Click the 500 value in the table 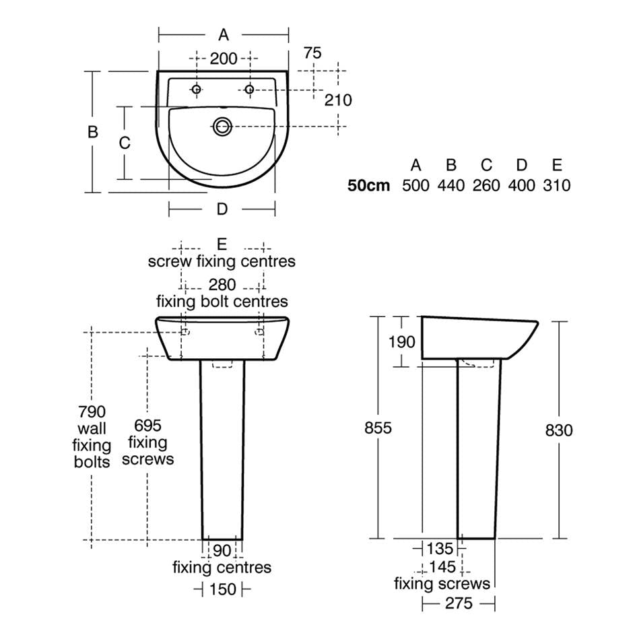coord(415,185)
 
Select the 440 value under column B coord(451,185)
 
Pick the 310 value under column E coord(556,185)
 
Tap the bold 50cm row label coord(368,185)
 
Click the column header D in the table coord(521,164)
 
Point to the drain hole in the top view coord(222,126)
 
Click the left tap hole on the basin coord(196,89)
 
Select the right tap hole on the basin coord(248,89)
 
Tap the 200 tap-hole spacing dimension coord(223,59)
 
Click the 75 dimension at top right coord(312,53)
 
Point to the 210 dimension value coord(338,100)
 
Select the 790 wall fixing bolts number coord(92,411)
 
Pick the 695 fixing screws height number coord(147,425)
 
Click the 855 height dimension coord(378,428)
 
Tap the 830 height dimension coord(559,430)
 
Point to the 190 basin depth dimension coord(402,341)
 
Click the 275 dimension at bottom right coord(459,603)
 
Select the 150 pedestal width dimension coord(223,590)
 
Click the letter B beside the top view coord(93,131)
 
